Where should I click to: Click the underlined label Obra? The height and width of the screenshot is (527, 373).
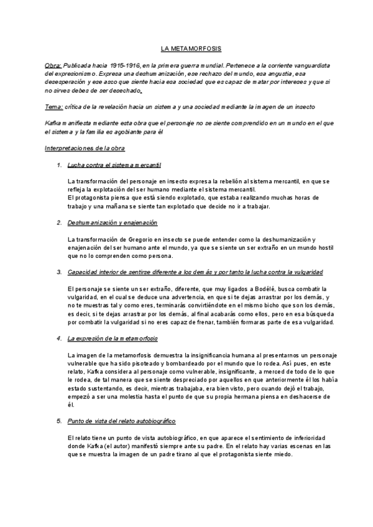(x=53, y=65)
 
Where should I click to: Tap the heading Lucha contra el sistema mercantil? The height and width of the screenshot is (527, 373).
(x=114, y=165)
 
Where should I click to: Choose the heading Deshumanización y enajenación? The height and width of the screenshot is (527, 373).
(x=112, y=222)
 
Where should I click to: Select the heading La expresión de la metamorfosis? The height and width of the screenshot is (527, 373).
(x=112, y=338)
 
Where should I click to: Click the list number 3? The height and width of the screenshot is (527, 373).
(x=58, y=272)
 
